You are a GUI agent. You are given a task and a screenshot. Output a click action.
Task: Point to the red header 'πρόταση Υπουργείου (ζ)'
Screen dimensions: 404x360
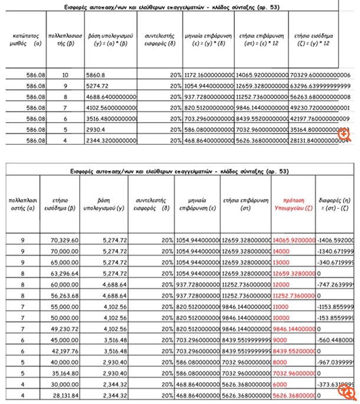click(x=289, y=204)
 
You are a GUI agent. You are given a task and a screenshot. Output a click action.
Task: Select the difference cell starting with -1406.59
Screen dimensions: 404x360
click(x=336, y=239)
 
